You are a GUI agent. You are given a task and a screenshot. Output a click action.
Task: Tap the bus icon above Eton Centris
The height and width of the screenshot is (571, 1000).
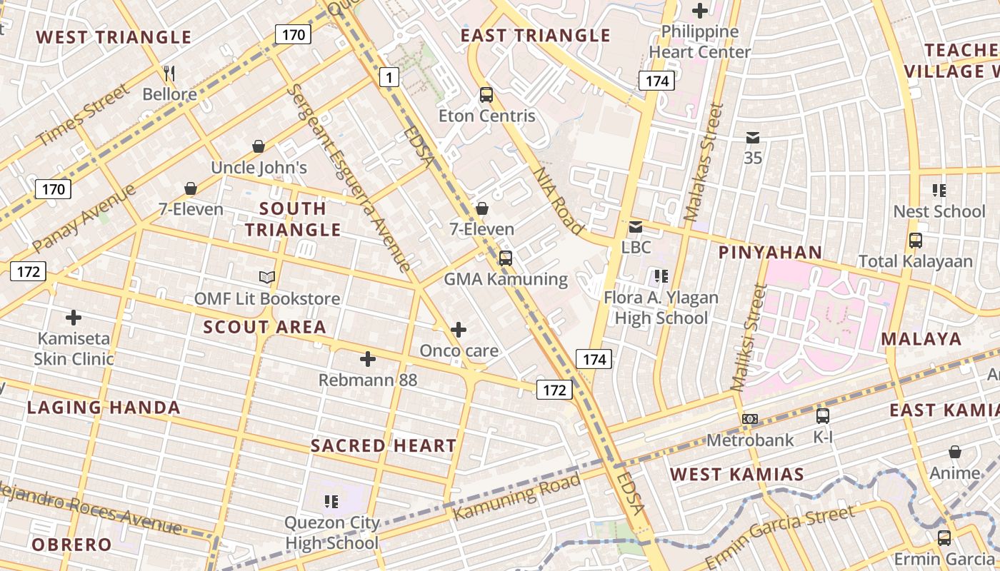pos(486,94)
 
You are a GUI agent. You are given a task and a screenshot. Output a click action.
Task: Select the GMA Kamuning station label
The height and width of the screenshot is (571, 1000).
pos(506,279)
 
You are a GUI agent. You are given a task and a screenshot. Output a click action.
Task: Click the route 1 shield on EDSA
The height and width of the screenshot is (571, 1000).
pos(389,77)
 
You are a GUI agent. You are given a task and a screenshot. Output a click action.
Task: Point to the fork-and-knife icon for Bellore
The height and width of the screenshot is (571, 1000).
pos(169,73)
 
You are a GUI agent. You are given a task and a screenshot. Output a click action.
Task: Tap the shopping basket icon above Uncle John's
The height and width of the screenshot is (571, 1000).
pos(259,146)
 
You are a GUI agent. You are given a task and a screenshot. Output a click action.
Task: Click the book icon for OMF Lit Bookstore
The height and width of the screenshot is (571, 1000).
pos(267,277)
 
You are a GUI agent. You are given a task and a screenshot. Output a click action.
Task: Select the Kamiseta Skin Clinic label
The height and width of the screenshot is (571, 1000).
pos(74,348)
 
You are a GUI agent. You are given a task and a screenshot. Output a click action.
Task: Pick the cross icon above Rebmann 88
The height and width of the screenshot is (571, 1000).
pos(368,358)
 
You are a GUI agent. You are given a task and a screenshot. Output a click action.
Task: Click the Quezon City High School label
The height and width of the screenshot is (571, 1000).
pos(331,532)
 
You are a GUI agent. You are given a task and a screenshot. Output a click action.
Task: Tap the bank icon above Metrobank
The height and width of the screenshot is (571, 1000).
pos(750,419)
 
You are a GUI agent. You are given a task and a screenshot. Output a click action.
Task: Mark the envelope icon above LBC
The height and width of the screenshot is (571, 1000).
pos(636,227)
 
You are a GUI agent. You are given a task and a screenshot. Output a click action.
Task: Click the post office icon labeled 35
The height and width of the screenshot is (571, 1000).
pos(753,138)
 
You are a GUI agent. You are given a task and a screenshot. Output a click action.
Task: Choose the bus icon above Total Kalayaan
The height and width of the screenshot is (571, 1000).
pos(916,241)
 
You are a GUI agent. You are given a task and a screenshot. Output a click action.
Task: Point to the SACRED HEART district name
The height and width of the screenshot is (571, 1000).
pos(384,446)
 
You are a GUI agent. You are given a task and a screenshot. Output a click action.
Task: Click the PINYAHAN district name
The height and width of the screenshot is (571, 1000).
pos(770,252)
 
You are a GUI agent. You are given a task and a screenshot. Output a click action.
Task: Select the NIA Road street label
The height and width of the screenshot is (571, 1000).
pos(558,201)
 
